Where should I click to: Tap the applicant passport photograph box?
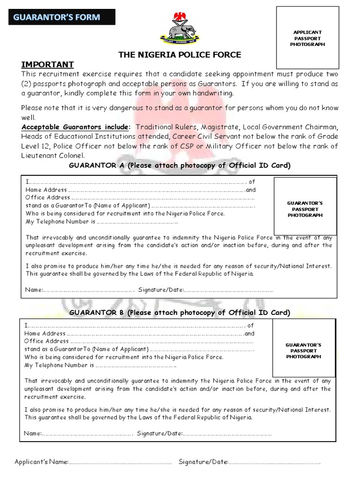[307, 38]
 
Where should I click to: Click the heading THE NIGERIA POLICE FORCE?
[180, 55]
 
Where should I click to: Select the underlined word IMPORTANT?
[47, 64]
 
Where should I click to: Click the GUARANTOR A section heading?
[180, 165]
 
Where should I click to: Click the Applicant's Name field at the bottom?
[120, 463]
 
